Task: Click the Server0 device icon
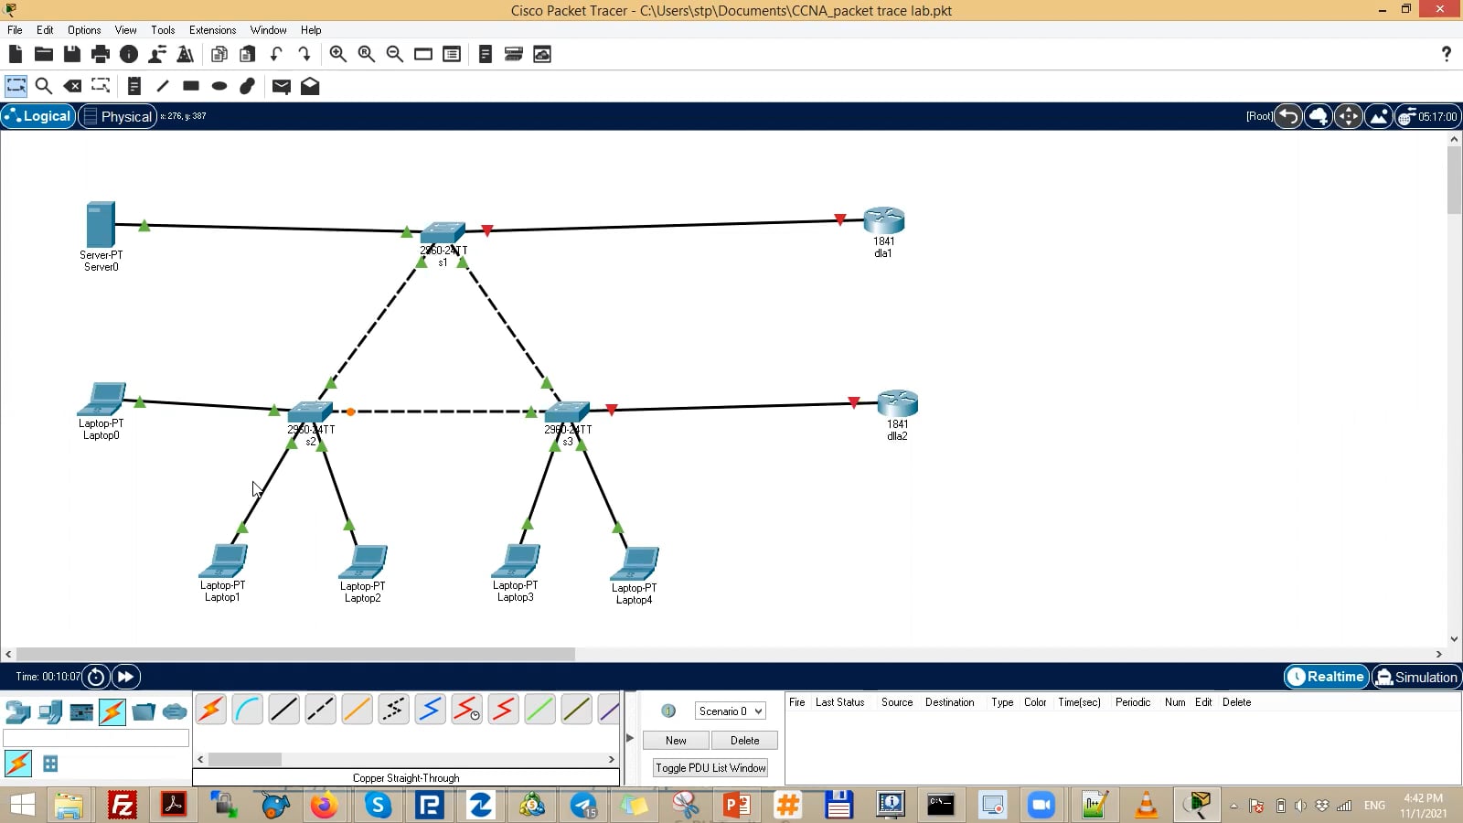click(100, 225)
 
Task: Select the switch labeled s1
click(443, 231)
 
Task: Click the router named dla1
click(883, 220)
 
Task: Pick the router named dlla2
click(897, 403)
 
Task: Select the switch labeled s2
click(310, 411)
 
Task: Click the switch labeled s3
click(567, 411)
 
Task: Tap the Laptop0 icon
click(101, 400)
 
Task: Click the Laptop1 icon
click(224, 561)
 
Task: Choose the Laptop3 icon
click(517, 561)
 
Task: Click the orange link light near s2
click(350, 411)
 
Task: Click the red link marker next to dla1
click(840, 219)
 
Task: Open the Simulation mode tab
click(1415, 677)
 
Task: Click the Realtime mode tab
click(1326, 677)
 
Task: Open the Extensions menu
click(212, 30)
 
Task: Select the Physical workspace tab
click(117, 116)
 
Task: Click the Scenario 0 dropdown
click(731, 711)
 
